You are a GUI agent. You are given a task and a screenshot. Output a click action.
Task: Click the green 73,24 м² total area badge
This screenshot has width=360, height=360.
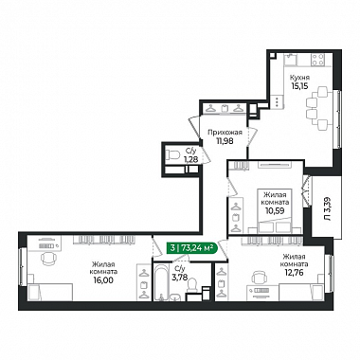tap(192, 248)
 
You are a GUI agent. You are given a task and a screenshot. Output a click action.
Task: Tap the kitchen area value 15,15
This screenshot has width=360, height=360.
tap(300, 85)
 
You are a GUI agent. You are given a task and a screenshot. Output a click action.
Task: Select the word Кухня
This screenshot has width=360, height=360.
tap(300, 78)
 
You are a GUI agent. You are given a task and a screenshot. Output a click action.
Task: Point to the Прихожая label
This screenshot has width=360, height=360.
tap(225, 133)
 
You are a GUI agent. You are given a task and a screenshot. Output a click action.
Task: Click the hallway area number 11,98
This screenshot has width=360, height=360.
tap(225, 141)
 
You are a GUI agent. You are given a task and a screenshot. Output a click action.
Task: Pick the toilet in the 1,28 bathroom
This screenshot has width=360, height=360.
tap(172, 154)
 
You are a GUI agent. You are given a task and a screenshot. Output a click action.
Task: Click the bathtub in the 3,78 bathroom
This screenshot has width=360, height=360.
tap(162, 282)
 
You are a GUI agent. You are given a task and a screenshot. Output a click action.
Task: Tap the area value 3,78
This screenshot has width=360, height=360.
tap(180, 277)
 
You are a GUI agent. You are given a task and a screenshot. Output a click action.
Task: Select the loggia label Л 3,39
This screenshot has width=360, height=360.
tap(328, 208)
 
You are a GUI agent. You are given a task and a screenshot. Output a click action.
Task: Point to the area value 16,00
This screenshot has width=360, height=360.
tap(103, 279)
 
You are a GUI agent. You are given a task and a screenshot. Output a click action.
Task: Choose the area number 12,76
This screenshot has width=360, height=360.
tap(294, 272)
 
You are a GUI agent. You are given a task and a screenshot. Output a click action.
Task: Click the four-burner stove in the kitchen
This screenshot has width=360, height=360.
tap(317, 60)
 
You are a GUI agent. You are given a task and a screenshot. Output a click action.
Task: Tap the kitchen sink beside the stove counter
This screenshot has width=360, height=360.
tap(290, 60)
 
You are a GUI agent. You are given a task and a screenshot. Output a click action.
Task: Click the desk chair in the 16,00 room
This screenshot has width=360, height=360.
tap(47, 258)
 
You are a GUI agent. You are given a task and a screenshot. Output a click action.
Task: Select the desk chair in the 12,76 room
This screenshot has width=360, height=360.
tap(259, 278)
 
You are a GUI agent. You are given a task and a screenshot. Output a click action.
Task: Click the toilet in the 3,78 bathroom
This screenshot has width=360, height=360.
tap(191, 285)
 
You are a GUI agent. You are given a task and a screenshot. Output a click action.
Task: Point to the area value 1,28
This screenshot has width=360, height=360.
tap(191, 159)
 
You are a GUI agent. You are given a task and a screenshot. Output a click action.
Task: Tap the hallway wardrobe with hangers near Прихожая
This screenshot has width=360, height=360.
tap(224, 109)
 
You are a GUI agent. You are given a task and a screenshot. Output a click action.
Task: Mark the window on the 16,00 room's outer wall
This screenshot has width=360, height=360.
tap(22, 267)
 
